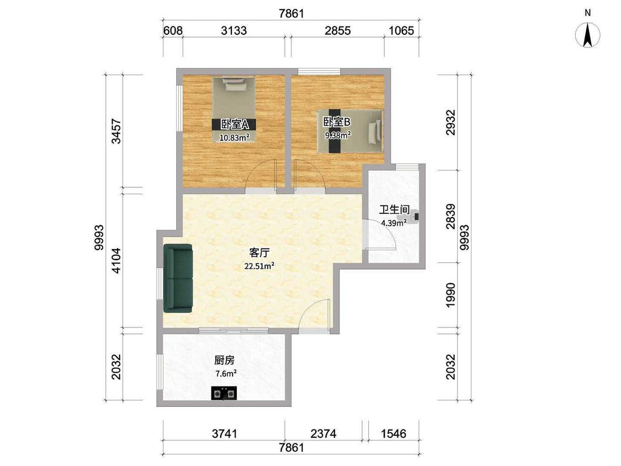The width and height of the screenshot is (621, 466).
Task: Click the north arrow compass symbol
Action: click(x=588, y=35)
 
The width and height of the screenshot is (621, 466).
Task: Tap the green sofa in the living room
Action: click(x=178, y=278)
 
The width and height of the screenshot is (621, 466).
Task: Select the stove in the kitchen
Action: click(x=224, y=393)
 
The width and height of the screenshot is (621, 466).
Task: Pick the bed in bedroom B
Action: click(x=350, y=131)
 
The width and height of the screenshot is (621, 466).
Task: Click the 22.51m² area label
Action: click(x=259, y=266)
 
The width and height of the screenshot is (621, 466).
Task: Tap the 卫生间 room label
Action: click(x=394, y=210)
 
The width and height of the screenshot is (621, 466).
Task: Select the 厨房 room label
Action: click(x=225, y=360)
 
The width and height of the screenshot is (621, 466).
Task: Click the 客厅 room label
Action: click(x=259, y=252)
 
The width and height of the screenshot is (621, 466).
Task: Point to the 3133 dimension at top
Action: click(x=233, y=30)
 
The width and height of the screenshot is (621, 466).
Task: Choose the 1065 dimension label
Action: click(x=401, y=30)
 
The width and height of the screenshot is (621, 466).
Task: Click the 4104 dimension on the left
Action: click(x=116, y=261)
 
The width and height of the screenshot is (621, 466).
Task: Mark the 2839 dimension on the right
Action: click(x=450, y=216)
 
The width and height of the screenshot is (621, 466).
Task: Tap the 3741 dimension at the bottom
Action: click(x=225, y=433)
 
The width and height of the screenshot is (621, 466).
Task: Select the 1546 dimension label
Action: click(x=393, y=433)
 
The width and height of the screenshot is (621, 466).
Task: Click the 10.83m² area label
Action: click(x=235, y=137)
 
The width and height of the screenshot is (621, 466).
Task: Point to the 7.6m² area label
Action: click(x=226, y=373)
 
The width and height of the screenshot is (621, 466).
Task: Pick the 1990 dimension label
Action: click(x=450, y=295)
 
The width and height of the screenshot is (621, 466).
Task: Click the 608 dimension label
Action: click(x=173, y=30)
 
